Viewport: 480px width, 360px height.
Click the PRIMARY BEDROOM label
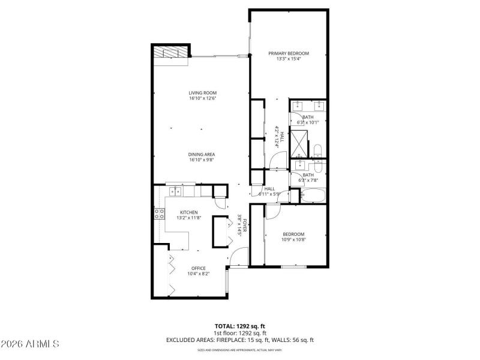coord(288,53)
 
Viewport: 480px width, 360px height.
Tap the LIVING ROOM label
coord(202,92)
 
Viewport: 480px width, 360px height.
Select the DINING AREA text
coord(202,154)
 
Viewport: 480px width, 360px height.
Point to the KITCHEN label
coord(188,212)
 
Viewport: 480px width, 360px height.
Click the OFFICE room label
coord(198,268)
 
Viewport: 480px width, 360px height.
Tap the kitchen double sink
coord(176,192)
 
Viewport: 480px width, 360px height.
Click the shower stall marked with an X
coord(299,143)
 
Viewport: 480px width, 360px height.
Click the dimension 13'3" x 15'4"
coord(288,59)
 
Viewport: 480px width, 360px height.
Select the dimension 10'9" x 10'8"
coord(293,239)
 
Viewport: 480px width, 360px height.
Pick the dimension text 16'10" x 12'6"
coord(202,98)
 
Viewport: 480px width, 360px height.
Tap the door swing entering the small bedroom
coord(272,211)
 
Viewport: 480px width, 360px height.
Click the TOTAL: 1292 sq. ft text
coord(240,326)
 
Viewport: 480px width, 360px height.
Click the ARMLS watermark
coord(30,344)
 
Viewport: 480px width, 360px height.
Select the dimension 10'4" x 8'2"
coord(198,274)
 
